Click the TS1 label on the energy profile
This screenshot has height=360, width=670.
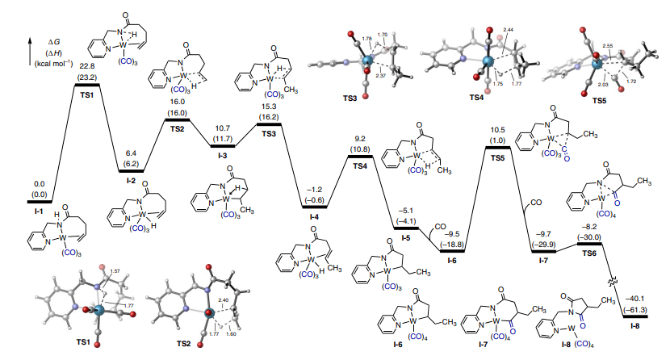pyautogui.click(x=86, y=95)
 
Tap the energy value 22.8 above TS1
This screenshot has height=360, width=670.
pyautogui.click(x=86, y=67)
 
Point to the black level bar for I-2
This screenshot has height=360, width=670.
pyautogui.click(x=131, y=170)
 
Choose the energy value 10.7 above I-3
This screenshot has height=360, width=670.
pyautogui.click(x=223, y=128)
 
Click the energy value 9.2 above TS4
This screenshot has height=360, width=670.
pyautogui.click(x=359, y=140)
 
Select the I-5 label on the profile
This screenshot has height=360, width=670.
pyautogui.click(x=405, y=239)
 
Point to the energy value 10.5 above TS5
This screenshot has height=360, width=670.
pyautogui.click(x=497, y=132)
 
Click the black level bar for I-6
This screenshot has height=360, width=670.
pyautogui.click(x=451, y=251)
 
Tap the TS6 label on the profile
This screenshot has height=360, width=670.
pyautogui.click(x=589, y=252)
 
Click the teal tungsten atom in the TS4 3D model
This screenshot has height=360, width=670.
pyautogui.click(x=486, y=61)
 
